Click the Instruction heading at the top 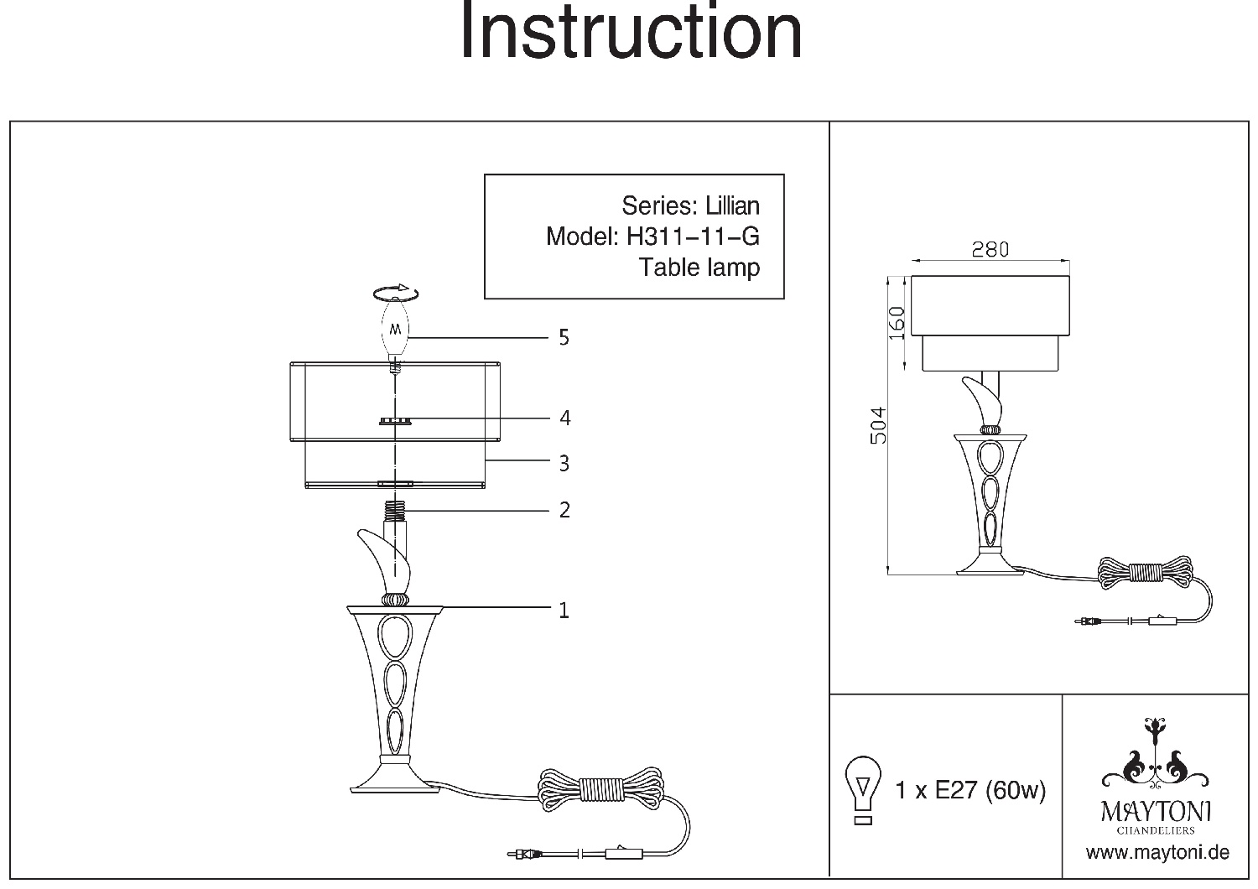[x=631, y=32]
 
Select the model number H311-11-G [x=693, y=237]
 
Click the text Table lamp [x=699, y=268]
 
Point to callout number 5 [x=564, y=337]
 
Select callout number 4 [x=564, y=418]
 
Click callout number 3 [x=564, y=463]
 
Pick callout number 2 [x=564, y=509]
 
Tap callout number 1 [x=564, y=610]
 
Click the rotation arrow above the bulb [x=396, y=292]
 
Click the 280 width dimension [x=990, y=249]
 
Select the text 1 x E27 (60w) [x=970, y=790]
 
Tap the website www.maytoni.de [x=1157, y=853]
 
